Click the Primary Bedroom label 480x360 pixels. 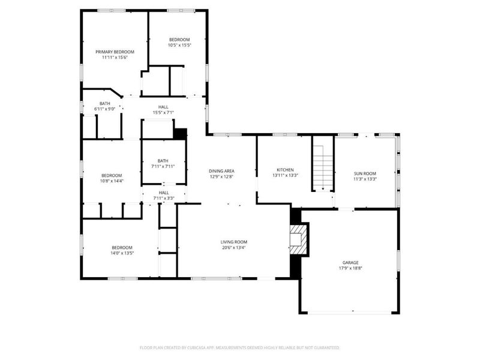[115, 52]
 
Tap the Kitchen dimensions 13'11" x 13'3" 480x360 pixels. [286, 175]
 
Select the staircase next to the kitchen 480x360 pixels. [323, 169]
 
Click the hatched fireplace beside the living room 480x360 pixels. [298, 239]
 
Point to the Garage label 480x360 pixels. [350, 263]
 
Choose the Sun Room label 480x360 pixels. [365, 173]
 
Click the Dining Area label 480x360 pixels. [221, 171]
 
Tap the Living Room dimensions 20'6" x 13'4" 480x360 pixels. [234, 247]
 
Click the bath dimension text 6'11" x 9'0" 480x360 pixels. [104, 109]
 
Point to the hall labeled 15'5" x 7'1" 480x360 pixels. [163, 110]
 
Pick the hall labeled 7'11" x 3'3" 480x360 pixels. [164, 196]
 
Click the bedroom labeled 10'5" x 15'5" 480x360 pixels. [179, 42]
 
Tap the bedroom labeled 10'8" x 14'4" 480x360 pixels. [112, 178]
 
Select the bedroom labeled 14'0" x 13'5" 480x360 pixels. [122, 250]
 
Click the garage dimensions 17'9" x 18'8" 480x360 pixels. [350, 268]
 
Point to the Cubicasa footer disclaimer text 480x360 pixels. [239, 348]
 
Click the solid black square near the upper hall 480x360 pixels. [181, 134]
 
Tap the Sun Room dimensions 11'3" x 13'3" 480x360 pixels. [365, 179]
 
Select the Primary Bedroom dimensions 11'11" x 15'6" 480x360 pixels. [115, 57]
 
